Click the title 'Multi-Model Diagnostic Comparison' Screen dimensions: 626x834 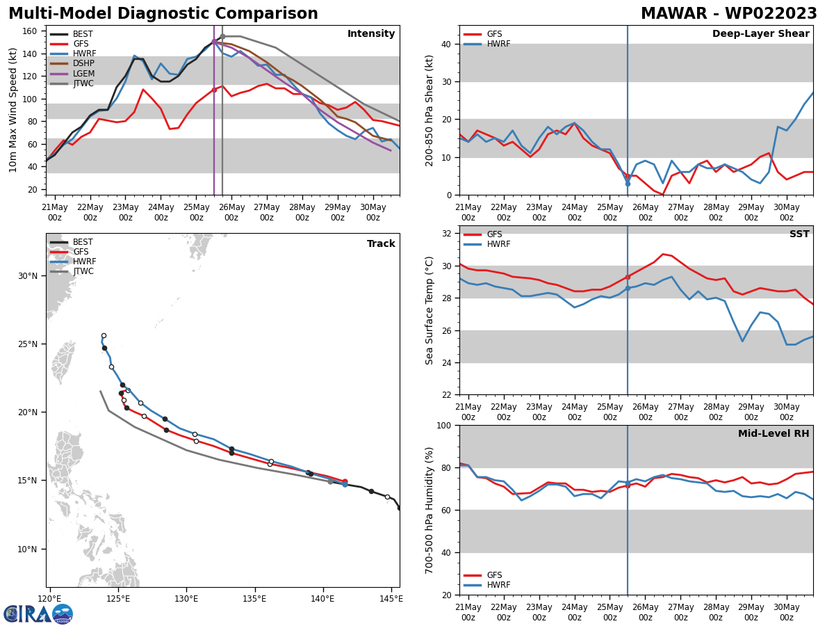(x=163, y=14)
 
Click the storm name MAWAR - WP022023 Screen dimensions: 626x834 (x=728, y=14)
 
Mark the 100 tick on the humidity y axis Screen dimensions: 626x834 (x=445, y=426)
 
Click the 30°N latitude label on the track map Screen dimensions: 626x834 (x=28, y=276)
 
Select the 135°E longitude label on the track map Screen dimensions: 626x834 (x=254, y=598)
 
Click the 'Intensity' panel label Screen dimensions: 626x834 (x=371, y=34)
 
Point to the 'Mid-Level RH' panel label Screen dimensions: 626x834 (x=774, y=434)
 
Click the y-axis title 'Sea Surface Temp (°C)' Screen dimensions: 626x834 (x=430, y=310)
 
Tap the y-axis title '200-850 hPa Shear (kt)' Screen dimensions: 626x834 (x=430, y=110)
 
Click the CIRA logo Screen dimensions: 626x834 (x=38, y=613)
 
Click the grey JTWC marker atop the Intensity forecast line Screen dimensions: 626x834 (x=222, y=36)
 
